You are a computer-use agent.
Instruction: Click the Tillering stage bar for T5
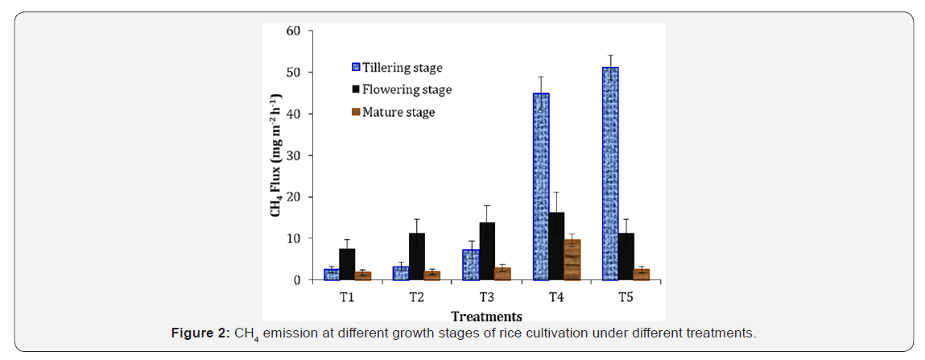(x=610, y=173)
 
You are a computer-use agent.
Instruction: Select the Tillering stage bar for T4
(x=540, y=187)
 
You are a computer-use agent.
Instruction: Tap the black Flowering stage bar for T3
(x=487, y=251)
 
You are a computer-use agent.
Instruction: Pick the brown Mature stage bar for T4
(x=572, y=260)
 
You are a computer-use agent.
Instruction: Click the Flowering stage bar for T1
(x=348, y=264)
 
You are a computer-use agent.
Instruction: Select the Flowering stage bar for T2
(x=417, y=257)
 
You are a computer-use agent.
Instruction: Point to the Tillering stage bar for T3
(x=471, y=265)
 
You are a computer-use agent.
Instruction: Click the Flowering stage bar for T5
(x=626, y=257)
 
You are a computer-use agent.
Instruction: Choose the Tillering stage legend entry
(x=396, y=68)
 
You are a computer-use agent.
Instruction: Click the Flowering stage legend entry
(x=401, y=89)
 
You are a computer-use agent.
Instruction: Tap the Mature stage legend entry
(x=393, y=111)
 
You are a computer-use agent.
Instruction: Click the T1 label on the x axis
(x=347, y=297)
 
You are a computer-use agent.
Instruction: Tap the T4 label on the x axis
(x=556, y=297)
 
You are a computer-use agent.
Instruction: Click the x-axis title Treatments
(x=487, y=316)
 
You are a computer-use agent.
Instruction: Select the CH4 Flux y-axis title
(x=276, y=155)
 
